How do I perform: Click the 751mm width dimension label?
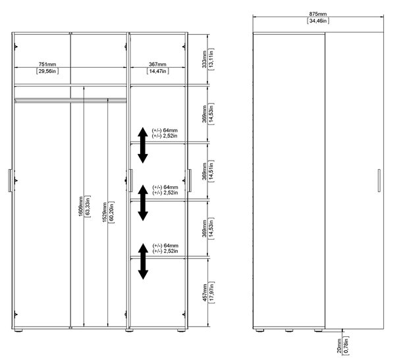pyautogui.click(x=47, y=64)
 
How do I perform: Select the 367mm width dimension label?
pyautogui.click(x=157, y=64)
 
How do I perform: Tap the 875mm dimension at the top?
pyautogui.click(x=318, y=14)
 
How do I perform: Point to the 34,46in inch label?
pyautogui.click(x=318, y=21)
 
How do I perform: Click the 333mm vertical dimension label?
pyautogui.click(x=204, y=59)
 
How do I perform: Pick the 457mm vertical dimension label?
pyautogui.click(x=205, y=292)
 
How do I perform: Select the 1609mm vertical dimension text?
pyautogui.click(x=80, y=207)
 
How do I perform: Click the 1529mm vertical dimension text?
pyautogui.click(x=105, y=212)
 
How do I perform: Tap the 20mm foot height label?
pyautogui.click(x=339, y=346)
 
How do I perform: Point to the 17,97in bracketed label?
pyautogui.click(x=211, y=292)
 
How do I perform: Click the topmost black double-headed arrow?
pyautogui.click(x=143, y=145)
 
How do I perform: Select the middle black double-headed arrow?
pyautogui.click(x=143, y=203)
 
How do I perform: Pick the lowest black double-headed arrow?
pyautogui.click(x=143, y=261)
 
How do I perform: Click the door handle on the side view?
pyautogui.click(x=379, y=180)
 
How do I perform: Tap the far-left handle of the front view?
pyautogui.click(x=10, y=180)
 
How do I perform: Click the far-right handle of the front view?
pyautogui.click(x=190, y=180)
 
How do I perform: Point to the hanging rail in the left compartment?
pyautogui.click(x=70, y=101)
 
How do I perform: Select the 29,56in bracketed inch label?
pyautogui.click(x=47, y=71)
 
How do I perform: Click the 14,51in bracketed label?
pyautogui.click(x=211, y=171)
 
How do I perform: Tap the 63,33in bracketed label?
pyautogui.click(x=88, y=207)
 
